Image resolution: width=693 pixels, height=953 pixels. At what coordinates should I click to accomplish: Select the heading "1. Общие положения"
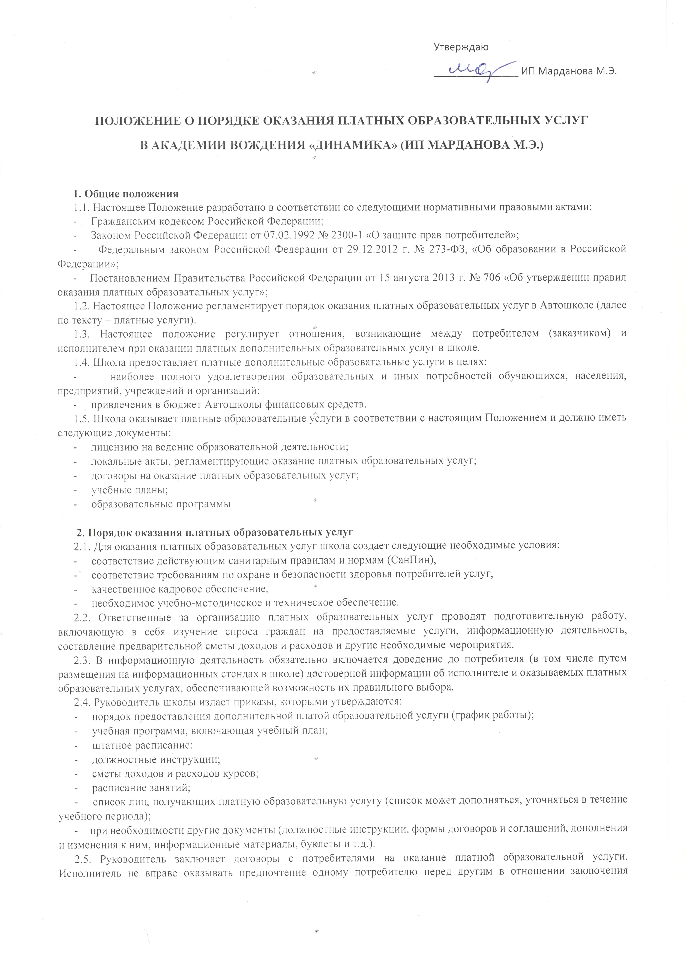pos(126,194)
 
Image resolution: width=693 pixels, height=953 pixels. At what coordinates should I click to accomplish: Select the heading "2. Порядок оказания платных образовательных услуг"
pos(214,532)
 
